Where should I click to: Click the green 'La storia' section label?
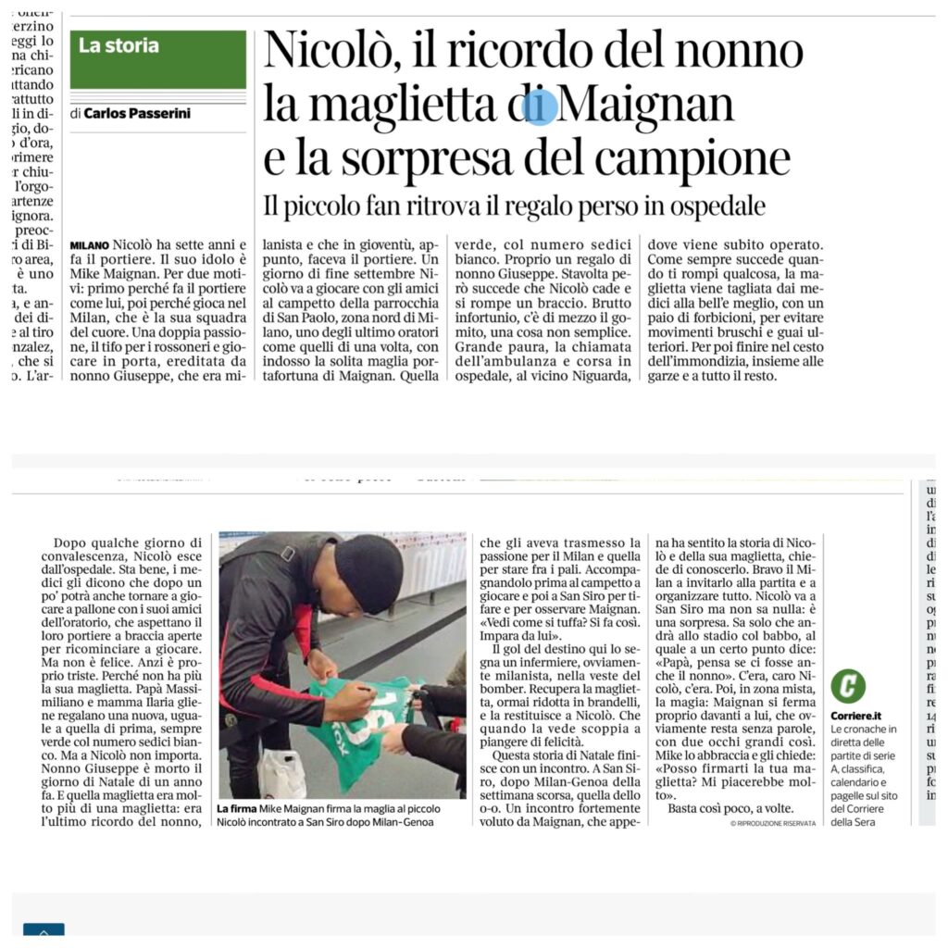pos(118,45)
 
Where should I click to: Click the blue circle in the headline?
pos(540,106)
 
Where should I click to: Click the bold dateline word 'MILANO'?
pos(89,244)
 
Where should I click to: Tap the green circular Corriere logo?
pos(848,686)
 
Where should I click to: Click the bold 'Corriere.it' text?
pos(855,716)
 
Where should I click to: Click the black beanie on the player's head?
pos(368,574)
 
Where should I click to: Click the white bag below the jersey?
pos(282,772)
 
